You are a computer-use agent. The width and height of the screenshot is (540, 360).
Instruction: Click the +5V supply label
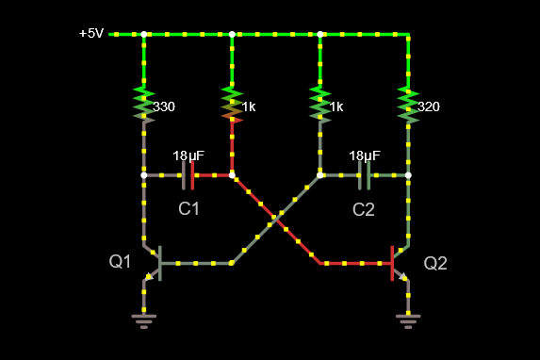(x=91, y=33)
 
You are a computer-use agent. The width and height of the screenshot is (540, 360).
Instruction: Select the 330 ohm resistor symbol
(x=144, y=105)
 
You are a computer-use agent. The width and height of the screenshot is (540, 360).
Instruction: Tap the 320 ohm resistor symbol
(x=408, y=105)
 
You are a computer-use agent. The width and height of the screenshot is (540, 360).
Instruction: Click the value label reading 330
(x=164, y=106)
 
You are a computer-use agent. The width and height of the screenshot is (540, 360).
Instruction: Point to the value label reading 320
(x=429, y=106)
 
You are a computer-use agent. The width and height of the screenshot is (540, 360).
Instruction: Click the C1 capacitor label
(x=188, y=209)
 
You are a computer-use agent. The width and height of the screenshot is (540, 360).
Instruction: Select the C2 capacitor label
(x=364, y=209)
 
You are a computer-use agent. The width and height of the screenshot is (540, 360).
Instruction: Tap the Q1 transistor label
(x=120, y=261)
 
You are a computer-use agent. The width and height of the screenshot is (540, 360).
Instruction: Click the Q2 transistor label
(x=435, y=263)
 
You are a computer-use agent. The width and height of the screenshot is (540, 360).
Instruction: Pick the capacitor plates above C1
(x=188, y=175)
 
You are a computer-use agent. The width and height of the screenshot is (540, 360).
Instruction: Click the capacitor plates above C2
(x=365, y=175)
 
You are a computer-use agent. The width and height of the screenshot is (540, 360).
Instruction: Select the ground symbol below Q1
(x=144, y=321)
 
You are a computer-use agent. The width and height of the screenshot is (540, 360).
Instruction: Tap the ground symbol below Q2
(x=408, y=321)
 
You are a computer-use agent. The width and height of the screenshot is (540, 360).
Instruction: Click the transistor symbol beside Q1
(x=153, y=263)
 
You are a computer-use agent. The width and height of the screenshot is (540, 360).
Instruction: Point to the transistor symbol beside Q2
(x=400, y=263)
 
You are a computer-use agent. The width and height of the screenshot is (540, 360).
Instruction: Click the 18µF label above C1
(x=188, y=156)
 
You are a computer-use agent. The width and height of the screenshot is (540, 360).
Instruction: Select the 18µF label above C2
(x=365, y=156)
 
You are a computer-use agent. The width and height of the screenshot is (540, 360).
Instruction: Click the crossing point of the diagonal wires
(x=276, y=219)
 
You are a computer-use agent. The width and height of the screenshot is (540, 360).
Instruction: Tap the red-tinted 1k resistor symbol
(x=232, y=105)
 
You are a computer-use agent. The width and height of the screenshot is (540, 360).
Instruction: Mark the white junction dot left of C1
(x=144, y=175)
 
